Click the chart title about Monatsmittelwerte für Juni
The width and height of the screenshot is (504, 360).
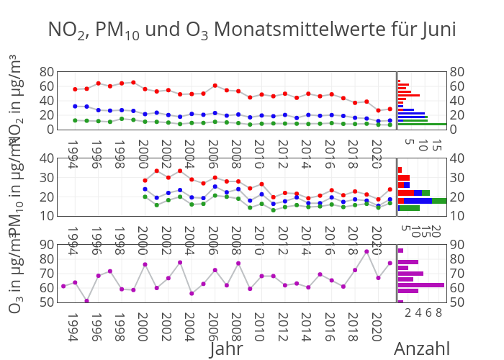pyautogui.click(x=252, y=30)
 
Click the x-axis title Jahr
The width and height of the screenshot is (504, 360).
pyautogui.click(x=226, y=349)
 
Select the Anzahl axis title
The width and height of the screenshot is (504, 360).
pyautogui.click(x=422, y=349)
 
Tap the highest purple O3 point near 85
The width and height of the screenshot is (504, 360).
pyautogui.click(x=366, y=251)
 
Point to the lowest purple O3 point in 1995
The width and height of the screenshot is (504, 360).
pyautogui.click(x=86, y=301)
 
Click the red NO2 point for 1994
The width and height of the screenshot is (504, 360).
pyautogui.click(x=75, y=89)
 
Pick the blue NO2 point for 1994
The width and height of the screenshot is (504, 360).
pyautogui.click(x=75, y=106)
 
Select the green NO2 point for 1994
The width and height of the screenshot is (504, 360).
pyautogui.click(x=75, y=120)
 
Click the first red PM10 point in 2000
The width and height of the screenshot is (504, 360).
pyautogui.click(x=145, y=181)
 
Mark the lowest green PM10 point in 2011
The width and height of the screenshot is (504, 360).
pyautogui.click(x=274, y=210)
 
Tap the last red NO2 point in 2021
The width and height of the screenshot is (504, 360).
pyautogui.click(x=390, y=109)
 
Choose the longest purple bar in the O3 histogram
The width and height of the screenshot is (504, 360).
pyautogui.click(x=421, y=285)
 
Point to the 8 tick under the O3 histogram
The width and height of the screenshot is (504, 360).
pyautogui.click(x=438, y=312)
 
